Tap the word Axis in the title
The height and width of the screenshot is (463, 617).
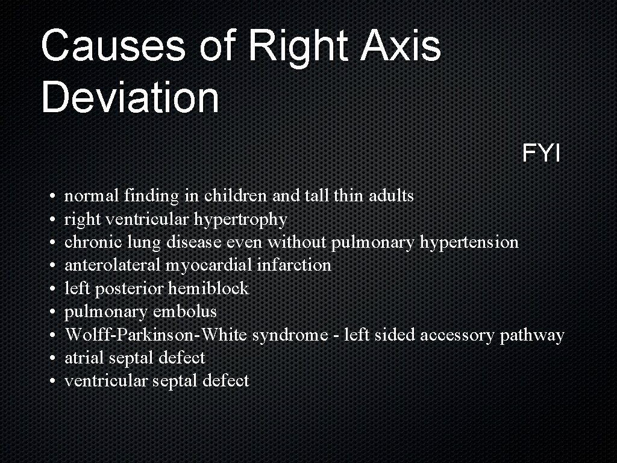tap(401, 46)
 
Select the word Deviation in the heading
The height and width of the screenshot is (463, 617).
tap(130, 98)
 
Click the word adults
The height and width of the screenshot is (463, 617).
tap(391, 196)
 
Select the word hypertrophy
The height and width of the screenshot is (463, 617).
tap(249, 219)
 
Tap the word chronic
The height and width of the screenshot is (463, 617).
tap(91, 242)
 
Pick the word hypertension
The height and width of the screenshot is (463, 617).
tap(469, 242)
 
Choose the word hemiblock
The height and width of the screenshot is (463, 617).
tap(208, 289)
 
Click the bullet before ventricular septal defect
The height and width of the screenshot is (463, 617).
tap(54, 382)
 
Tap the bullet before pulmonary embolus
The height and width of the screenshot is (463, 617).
tap(54, 312)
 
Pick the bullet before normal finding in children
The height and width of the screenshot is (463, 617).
tap(54, 197)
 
